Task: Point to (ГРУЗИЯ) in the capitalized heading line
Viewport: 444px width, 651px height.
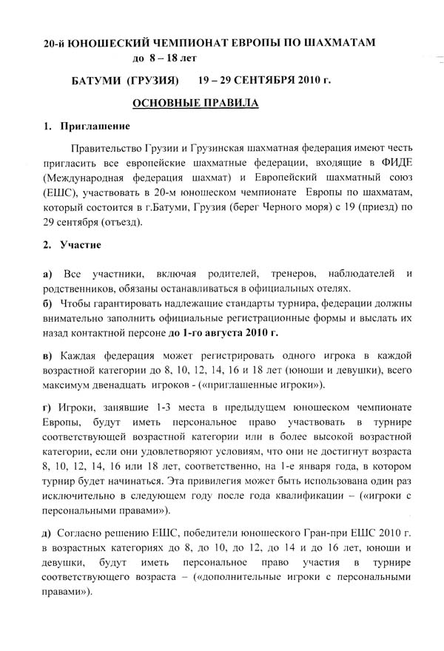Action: pyautogui.click(x=152, y=79)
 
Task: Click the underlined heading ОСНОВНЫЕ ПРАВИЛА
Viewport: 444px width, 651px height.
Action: pyautogui.click(x=195, y=104)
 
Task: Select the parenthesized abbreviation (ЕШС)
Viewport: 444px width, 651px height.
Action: pyautogui.click(x=61, y=193)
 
